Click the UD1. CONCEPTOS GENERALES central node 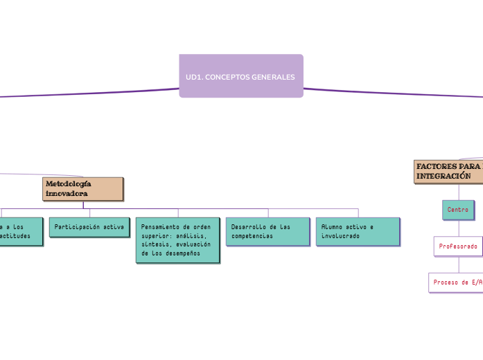pos(240,76)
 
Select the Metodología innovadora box pos(82,188)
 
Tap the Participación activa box pos(89,227)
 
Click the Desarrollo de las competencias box pos(267,231)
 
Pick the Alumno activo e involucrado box pos(358,231)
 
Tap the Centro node pos(458,210)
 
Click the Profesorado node pos(458,246)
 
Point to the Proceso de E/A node pos(457,282)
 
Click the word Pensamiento pos(159,226)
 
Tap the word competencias pos(252,236)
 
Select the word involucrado pos(341,236)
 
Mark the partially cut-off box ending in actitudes pos(21,231)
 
